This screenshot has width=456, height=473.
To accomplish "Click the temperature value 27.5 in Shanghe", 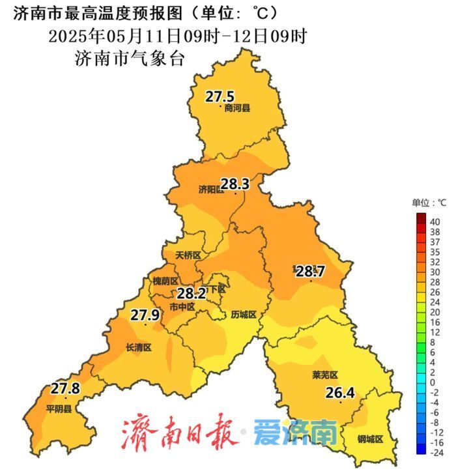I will tap(220, 97).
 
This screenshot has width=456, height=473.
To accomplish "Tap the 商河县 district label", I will tap(237, 109).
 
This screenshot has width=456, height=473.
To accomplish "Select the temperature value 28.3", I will tap(235, 184).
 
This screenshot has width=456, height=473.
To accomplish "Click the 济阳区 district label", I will tap(210, 190).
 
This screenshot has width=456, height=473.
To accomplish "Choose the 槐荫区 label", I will tap(165, 281).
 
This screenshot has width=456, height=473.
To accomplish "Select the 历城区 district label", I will tap(244, 315).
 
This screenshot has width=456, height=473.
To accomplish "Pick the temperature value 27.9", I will tap(145, 315).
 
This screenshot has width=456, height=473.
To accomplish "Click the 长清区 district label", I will tap(138, 348).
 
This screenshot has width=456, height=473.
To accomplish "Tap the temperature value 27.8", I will tap(65, 389).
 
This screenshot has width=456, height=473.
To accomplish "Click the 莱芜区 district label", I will tap(325, 375).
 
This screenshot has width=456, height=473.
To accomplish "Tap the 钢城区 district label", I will tap(369, 439).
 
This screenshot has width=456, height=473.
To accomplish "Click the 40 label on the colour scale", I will tap(435, 222).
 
